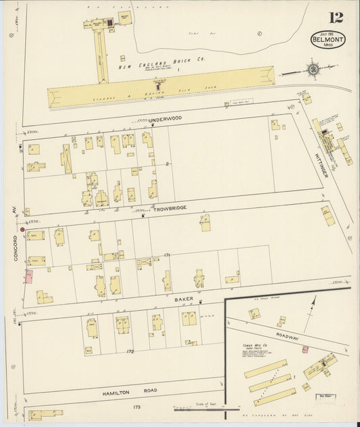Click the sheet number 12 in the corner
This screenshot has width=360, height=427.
tap(335, 18)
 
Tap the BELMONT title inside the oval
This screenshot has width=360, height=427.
tap(328, 41)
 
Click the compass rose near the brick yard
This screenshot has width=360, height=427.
tap(313, 68)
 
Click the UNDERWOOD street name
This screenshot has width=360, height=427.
tap(165, 119)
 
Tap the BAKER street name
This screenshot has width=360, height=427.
tap(184, 298)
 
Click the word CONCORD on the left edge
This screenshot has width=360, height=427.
tap(15, 247)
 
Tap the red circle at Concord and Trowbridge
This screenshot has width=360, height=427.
tap(22, 230)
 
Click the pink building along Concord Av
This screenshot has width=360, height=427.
tap(30, 276)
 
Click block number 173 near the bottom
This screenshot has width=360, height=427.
tap(136, 406)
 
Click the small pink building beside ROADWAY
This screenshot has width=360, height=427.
tap(305, 349)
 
